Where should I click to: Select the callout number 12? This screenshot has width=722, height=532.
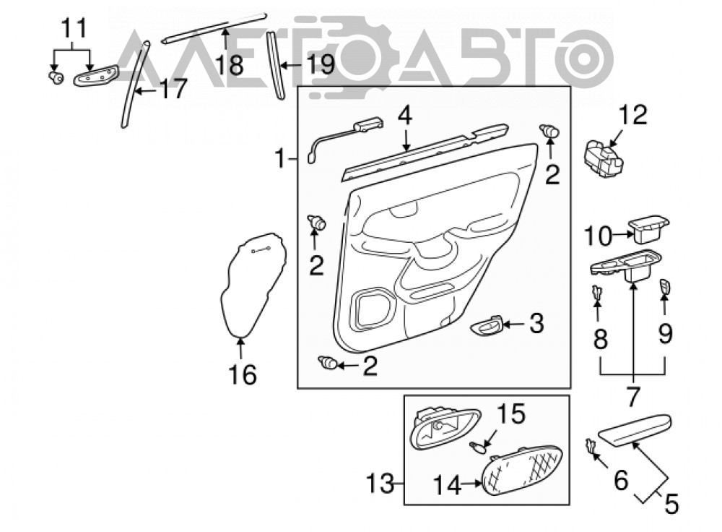[x=633, y=115]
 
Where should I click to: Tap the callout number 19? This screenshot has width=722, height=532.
[x=320, y=64]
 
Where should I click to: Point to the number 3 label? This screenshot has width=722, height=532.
[x=536, y=323]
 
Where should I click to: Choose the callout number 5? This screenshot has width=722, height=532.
[x=671, y=504]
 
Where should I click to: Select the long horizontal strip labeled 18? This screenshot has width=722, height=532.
[x=214, y=27]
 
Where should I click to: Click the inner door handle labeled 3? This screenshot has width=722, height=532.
[x=486, y=326]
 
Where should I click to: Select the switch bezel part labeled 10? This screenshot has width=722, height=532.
[x=648, y=228]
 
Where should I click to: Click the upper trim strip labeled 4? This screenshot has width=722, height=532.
[x=425, y=152]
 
